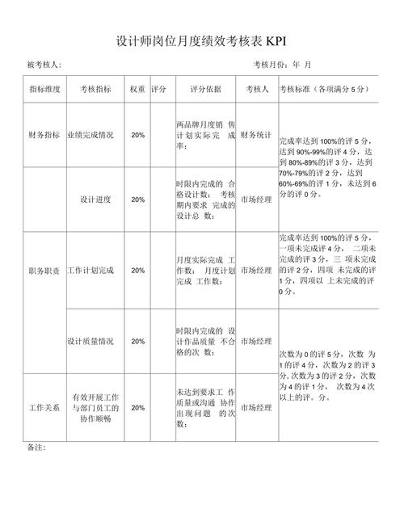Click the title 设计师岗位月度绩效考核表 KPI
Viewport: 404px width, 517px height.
(x=201, y=41)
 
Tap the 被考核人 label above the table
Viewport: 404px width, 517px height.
(x=44, y=65)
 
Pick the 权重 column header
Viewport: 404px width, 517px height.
(x=137, y=90)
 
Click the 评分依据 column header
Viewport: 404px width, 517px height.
(x=205, y=90)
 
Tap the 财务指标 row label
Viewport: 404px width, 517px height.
(x=44, y=135)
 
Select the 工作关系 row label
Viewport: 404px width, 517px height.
(x=44, y=407)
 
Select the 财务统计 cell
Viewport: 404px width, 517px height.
(x=256, y=135)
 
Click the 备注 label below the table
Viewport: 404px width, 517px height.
(x=36, y=447)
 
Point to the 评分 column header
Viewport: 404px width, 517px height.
(x=158, y=90)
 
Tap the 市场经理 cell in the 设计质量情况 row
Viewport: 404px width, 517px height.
(x=256, y=341)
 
